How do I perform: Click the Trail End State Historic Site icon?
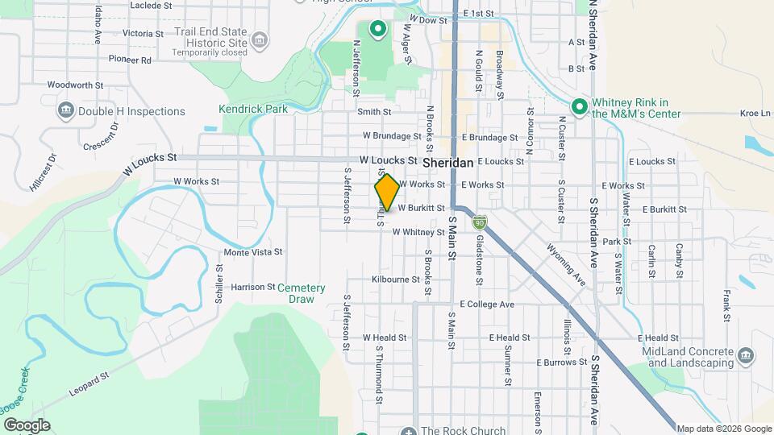[x=260, y=40]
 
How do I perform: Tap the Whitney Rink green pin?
[x=578, y=106]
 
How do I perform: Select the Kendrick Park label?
[x=242, y=109]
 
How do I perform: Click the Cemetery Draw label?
[x=301, y=293]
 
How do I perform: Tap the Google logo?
[x=27, y=425]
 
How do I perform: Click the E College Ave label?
[x=487, y=304]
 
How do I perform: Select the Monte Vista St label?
[x=252, y=252]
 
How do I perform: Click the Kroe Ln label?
[x=755, y=114]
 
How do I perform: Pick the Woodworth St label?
[x=76, y=84]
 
